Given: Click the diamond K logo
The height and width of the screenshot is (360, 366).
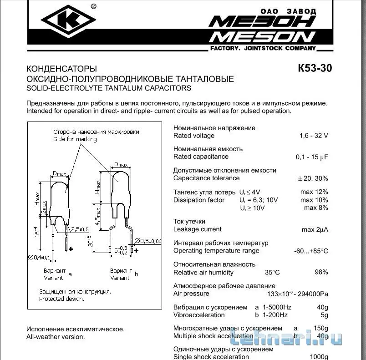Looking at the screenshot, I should [68, 20].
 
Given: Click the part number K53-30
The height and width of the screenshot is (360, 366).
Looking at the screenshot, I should [315, 69].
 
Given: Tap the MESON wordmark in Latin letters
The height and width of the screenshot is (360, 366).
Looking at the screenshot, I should [262, 37].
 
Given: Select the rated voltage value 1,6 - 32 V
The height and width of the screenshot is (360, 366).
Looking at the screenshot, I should [313, 136].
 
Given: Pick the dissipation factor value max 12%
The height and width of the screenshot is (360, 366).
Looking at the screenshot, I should [314, 192].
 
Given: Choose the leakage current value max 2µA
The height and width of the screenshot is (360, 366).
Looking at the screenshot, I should [315, 229].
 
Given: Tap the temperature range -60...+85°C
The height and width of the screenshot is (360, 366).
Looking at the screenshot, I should [311, 251].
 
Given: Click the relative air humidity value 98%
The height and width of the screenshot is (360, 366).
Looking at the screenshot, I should [320, 272].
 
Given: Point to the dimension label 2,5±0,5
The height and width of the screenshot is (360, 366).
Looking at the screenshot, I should [80, 228].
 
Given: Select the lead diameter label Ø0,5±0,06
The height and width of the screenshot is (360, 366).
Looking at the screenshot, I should [150, 241].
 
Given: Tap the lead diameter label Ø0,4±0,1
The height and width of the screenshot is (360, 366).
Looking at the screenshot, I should [40, 258].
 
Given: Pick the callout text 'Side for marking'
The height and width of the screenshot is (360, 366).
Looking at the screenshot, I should [75, 139].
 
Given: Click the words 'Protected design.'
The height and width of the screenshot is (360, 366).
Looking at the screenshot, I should [61, 299].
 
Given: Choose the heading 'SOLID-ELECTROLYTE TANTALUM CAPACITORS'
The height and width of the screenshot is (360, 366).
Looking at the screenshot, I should [109, 88].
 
